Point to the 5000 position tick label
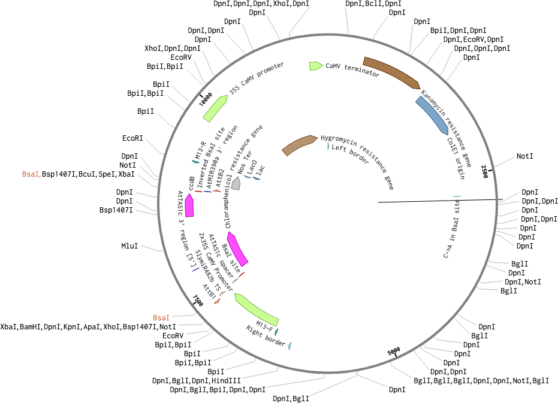[393, 352]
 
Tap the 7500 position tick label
[198, 299]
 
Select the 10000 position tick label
[206, 98]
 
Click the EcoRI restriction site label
[132, 138]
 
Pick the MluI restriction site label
[129, 246]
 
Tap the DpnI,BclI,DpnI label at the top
[373, 4]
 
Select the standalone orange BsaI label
[161, 317]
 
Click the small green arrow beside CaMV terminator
[315, 65]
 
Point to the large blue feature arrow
[432, 113]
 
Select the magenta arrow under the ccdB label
[189, 205]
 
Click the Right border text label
[266, 336]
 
